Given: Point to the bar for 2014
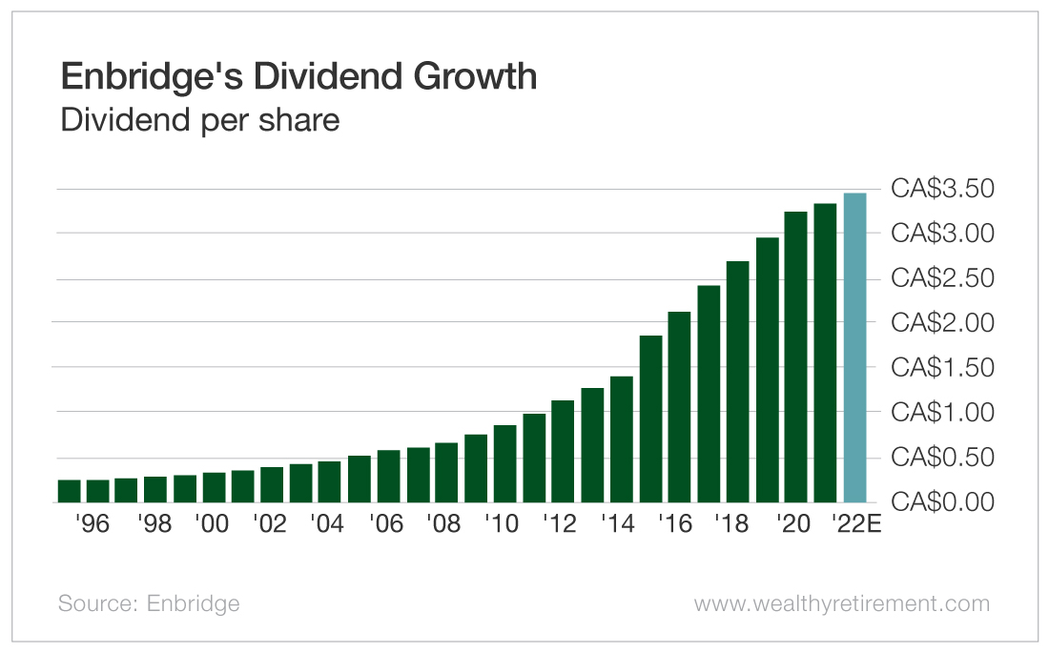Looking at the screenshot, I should coord(622,439).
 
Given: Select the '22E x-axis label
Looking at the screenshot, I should coord(855,524).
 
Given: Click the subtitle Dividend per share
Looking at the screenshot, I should coord(199,121).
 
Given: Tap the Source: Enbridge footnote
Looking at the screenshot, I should coord(149,603).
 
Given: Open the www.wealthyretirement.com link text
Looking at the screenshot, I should coord(841,603).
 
